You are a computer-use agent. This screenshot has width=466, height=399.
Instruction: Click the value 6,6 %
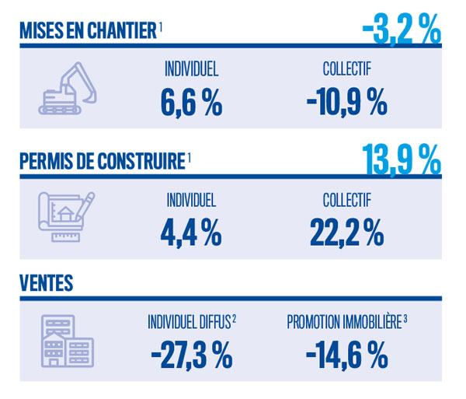(x=191, y=102)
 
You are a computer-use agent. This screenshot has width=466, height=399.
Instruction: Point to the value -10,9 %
(x=346, y=102)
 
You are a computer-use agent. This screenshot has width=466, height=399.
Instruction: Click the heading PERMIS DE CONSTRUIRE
(x=102, y=161)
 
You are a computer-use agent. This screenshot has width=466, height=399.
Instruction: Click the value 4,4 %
(x=191, y=231)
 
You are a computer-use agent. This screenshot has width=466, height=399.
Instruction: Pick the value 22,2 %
(x=346, y=231)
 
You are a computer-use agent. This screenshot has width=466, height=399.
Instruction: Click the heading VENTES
(x=47, y=283)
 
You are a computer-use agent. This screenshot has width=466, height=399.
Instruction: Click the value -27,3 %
(x=191, y=356)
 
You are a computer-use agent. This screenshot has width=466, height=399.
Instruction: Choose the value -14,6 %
(x=346, y=356)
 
